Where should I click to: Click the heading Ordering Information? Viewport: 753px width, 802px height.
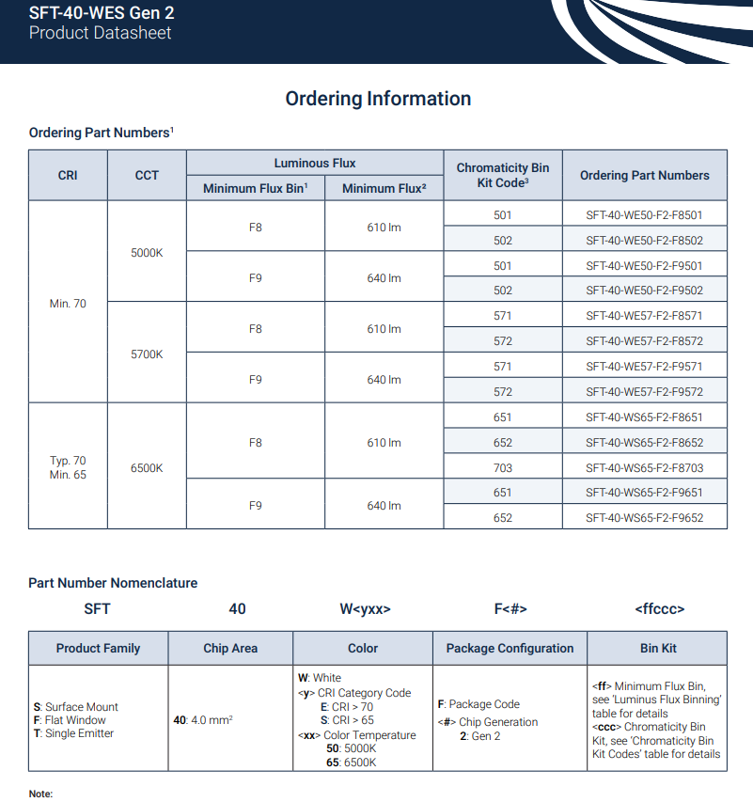(x=378, y=99)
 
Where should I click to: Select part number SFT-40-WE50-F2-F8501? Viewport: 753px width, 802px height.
(x=644, y=215)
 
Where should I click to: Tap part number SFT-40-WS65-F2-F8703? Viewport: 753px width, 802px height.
(x=644, y=468)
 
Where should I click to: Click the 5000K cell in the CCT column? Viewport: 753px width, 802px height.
(x=147, y=253)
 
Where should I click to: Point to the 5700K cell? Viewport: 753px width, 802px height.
(x=147, y=354)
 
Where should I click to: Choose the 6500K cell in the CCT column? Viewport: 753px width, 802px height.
(x=147, y=468)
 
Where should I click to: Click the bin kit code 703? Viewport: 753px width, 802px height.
(x=503, y=468)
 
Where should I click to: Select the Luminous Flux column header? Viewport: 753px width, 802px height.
(x=315, y=163)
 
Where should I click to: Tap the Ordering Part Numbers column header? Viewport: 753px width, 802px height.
(x=644, y=175)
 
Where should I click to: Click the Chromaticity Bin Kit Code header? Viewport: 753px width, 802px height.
(x=503, y=175)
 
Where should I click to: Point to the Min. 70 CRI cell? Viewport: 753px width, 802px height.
(x=68, y=304)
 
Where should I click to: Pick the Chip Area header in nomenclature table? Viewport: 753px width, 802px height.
(x=230, y=648)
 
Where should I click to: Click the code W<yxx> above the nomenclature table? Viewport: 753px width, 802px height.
(x=365, y=609)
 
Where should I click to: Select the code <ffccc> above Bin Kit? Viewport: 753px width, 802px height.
(x=659, y=609)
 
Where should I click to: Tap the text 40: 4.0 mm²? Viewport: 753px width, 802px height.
(x=203, y=720)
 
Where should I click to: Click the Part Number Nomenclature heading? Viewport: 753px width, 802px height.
(x=113, y=583)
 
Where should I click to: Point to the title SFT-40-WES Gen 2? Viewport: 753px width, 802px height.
(x=102, y=13)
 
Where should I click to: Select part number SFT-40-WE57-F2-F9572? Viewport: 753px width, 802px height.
(x=644, y=392)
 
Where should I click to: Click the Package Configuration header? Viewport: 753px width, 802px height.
(x=510, y=648)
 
